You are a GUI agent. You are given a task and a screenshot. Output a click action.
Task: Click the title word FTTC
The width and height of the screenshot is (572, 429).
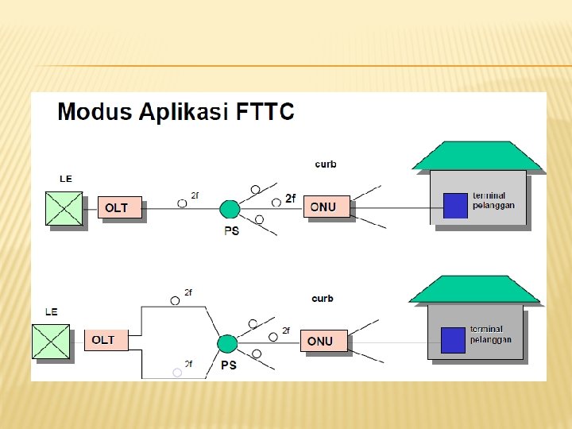click(x=265, y=111)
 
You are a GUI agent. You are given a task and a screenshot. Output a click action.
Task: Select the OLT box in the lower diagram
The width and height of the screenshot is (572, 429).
click(x=106, y=340)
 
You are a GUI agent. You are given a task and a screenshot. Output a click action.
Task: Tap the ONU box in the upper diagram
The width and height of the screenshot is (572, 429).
click(x=325, y=207)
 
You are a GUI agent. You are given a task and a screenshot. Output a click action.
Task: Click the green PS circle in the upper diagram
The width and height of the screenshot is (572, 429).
click(x=230, y=209)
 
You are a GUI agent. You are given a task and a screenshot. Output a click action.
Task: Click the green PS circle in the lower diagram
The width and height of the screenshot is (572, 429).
click(x=227, y=344)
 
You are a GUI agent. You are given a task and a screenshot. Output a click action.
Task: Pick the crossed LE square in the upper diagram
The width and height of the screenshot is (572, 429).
click(x=65, y=208)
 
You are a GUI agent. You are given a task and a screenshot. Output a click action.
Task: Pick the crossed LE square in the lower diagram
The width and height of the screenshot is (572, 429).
click(x=51, y=342)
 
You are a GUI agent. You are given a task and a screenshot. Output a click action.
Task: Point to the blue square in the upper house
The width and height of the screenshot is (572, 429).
click(x=455, y=206)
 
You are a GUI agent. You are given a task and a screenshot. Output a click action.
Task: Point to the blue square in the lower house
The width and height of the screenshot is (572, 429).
click(x=453, y=340)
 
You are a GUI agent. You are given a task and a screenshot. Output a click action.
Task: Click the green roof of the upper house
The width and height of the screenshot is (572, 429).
click(x=477, y=157)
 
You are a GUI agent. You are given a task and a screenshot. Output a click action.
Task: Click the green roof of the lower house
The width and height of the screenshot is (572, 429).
click(x=475, y=290)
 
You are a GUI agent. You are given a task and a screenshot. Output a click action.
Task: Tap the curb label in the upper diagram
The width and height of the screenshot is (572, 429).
click(x=326, y=164)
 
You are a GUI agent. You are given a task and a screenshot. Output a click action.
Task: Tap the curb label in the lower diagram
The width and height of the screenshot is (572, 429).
click(x=323, y=299)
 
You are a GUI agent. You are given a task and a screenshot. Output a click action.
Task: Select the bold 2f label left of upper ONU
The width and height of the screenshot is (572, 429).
click(x=290, y=199)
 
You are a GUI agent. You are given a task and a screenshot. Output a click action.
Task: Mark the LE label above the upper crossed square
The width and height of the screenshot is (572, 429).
click(x=65, y=179)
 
